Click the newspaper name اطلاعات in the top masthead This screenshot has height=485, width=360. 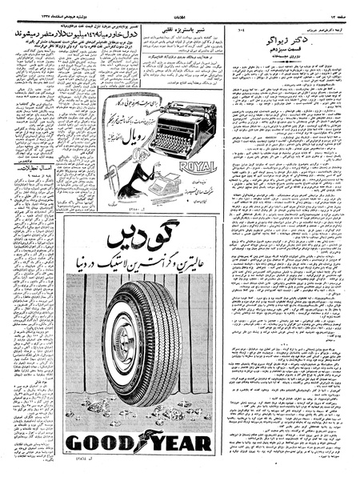[x=179, y=6]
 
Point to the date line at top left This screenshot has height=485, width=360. [x=32, y=6]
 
